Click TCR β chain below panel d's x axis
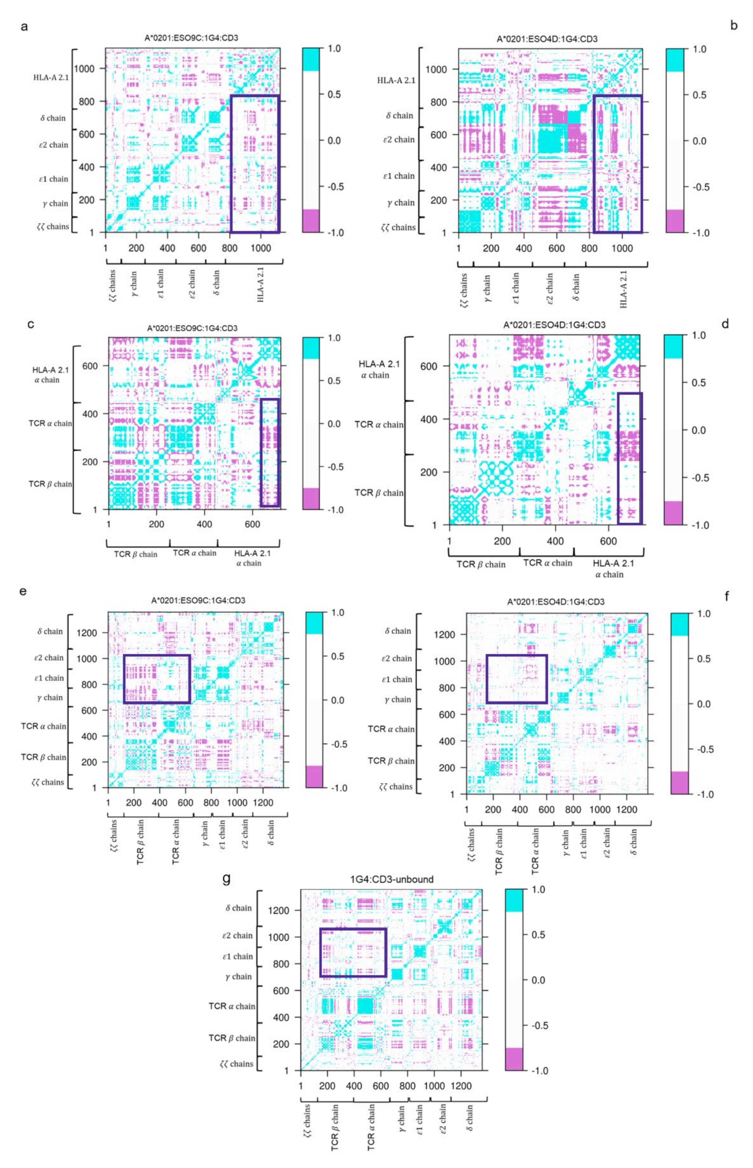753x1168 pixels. coord(481,564)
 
